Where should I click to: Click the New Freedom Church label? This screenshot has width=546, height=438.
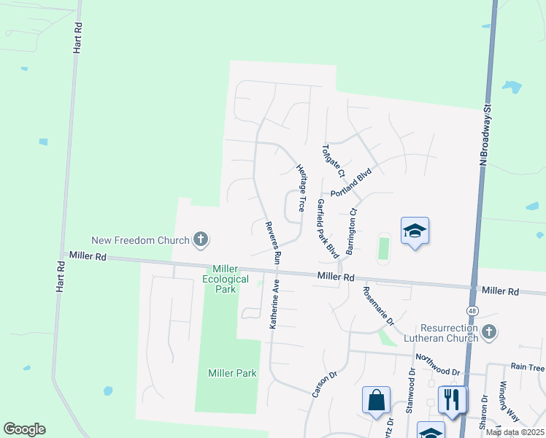[x=140, y=240]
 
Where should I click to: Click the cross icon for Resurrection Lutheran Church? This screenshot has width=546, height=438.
[x=489, y=333]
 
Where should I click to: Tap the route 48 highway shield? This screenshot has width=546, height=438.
[x=473, y=311]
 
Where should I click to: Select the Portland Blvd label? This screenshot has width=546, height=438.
[x=351, y=182]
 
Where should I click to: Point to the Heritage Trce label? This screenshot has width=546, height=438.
[x=300, y=188]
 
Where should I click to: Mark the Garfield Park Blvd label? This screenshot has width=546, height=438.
[x=327, y=229]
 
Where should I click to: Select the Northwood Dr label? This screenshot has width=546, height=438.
[x=437, y=365]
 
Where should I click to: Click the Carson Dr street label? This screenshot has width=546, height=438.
[x=324, y=384]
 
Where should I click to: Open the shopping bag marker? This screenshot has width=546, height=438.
[x=376, y=400]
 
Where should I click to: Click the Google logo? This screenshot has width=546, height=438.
[x=24, y=429]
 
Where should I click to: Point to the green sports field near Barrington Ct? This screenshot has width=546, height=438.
[x=383, y=247]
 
